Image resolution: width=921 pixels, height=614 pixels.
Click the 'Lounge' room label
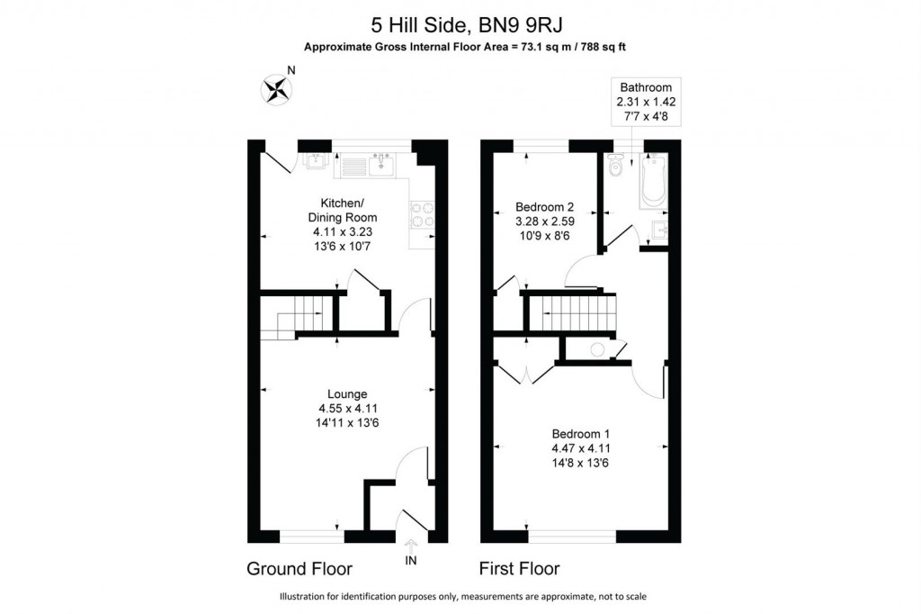[346, 393]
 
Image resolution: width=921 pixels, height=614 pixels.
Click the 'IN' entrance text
[412, 560]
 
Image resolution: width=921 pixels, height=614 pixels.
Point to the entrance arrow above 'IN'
[412, 544]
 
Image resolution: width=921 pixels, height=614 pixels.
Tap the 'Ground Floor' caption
[300, 569]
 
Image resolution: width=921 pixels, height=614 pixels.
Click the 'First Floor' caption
[521, 569]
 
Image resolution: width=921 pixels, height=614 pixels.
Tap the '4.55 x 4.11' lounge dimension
[347, 408]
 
